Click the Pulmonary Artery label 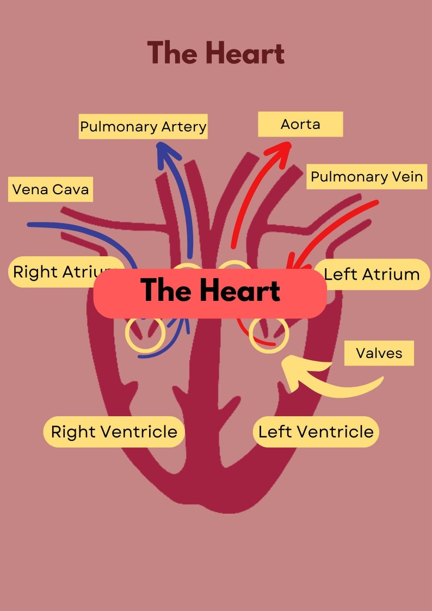pos(143,127)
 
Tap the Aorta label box pos(300,124)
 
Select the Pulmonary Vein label pos(366,177)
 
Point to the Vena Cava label pos(50,189)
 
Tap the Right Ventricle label pos(114,432)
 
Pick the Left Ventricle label pos(316,432)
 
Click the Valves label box pos(379,353)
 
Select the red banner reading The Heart pos(210,291)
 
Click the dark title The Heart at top pos(216,53)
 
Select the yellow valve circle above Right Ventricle pos(145,334)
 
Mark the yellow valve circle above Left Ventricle pos(269,334)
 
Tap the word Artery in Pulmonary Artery pos(184,127)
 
